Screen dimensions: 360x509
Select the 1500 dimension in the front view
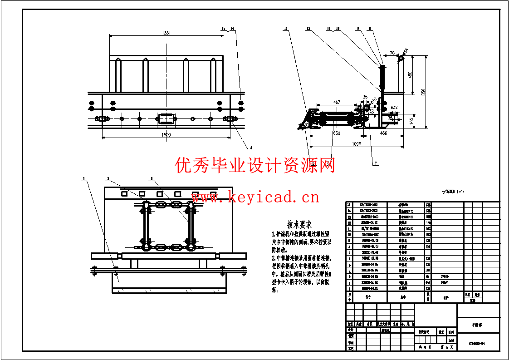click(x=166, y=135)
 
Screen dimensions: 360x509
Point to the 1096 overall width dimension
click(x=356, y=144)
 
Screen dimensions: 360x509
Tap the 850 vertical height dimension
click(x=423, y=92)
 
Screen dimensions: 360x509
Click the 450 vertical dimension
click(x=410, y=74)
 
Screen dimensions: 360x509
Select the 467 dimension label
click(x=337, y=103)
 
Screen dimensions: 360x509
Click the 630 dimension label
click(x=336, y=133)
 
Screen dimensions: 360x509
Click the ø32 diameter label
click(x=393, y=108)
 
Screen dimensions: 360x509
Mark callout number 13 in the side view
click(x=286, y=29)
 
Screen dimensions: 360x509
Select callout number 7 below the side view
click(x=375, y=163)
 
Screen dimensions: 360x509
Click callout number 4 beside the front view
click(x=251, y=148)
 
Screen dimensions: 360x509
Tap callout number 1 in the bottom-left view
click(x=83, y=179)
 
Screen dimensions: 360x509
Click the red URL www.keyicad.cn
click(x=255, y=197)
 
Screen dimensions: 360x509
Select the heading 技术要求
click(x=299, y=225)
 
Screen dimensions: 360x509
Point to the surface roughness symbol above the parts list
click(x=452, y=192)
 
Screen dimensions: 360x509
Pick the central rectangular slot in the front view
click(x=166, y=119)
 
